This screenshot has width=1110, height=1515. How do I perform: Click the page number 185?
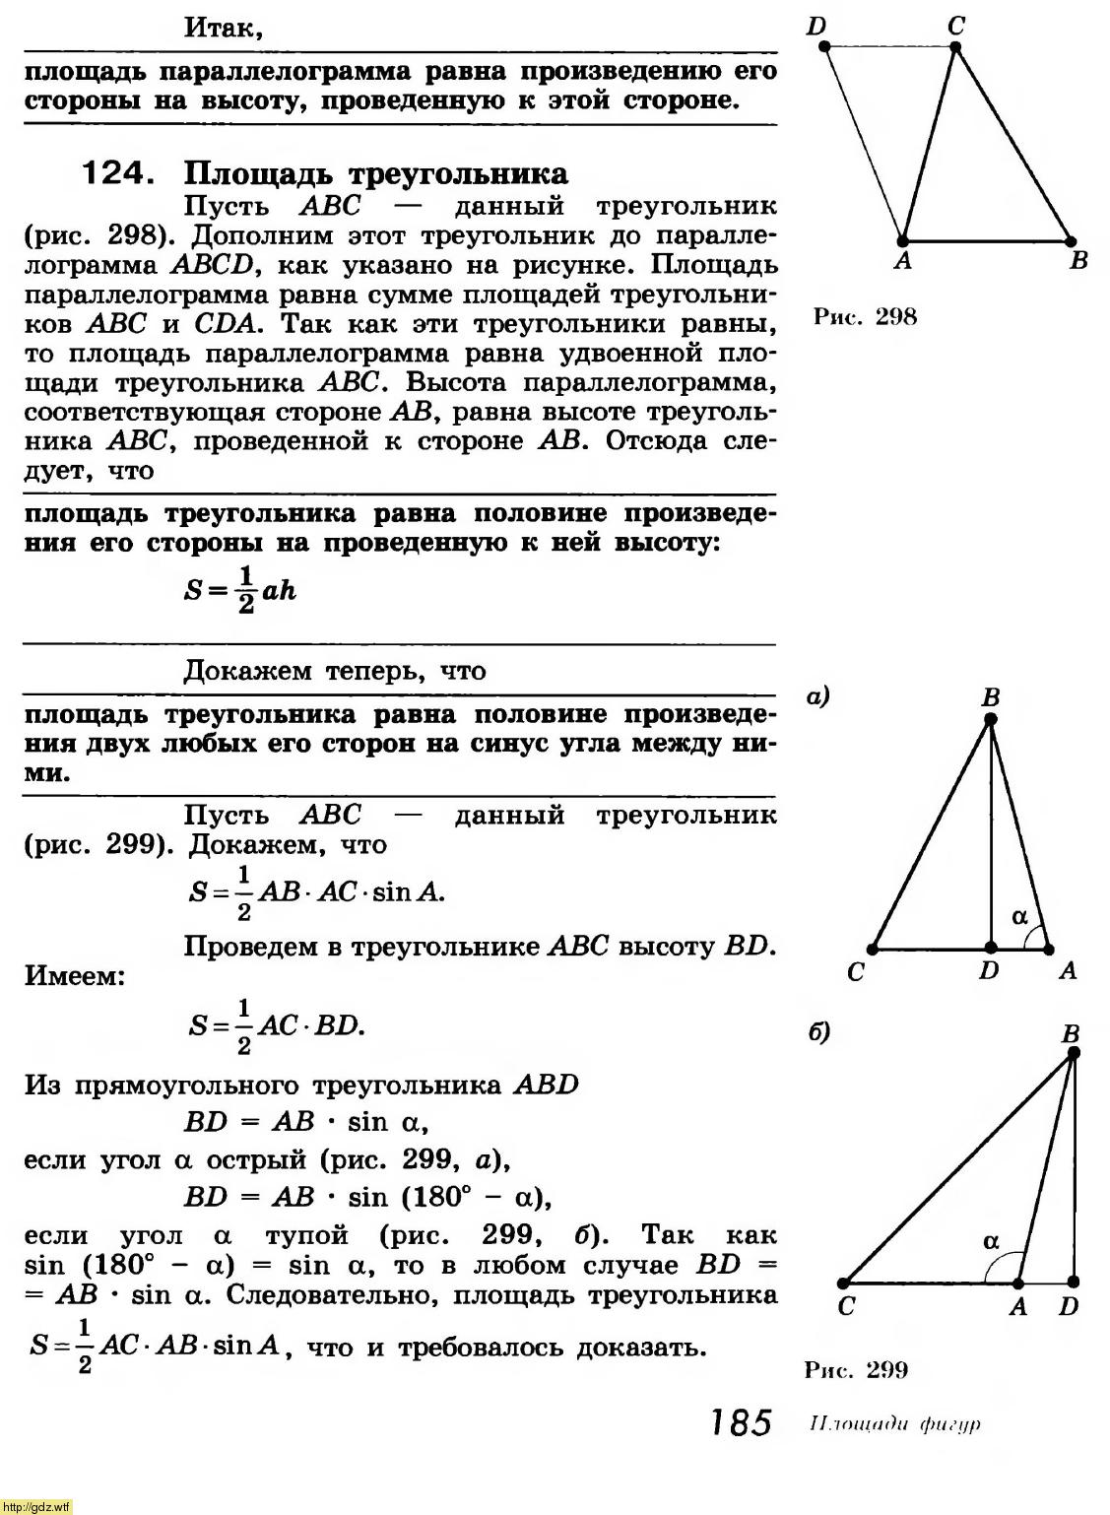tap(737, 1423)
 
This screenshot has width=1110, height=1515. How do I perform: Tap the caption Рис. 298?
tap(865, 316)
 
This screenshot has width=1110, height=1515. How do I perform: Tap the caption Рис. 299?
tap(856, 1369)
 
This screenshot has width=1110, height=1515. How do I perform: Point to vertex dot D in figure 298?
tap(824, 46)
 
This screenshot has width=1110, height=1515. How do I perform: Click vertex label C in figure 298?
tap(956, 26)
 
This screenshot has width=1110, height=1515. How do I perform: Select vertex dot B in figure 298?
tap(1071, 240)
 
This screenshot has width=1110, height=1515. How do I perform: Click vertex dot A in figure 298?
tap(903, 240)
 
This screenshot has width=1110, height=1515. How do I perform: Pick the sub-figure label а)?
tap(818, 697)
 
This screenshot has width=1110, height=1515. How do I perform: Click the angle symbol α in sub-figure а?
tap(1020, 916)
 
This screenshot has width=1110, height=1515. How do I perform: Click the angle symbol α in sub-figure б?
tap(991, 1242)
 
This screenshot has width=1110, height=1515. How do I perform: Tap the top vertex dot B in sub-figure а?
tap(991, 720)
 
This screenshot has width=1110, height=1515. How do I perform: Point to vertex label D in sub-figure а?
tap(989, 970)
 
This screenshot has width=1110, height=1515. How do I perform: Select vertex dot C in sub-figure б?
tap(844, 1284)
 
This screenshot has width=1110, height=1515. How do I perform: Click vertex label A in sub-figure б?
tap(1018, 1307)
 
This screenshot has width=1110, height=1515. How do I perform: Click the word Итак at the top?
tap(224, 28)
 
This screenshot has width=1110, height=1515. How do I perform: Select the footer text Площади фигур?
tap(894, 1424)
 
